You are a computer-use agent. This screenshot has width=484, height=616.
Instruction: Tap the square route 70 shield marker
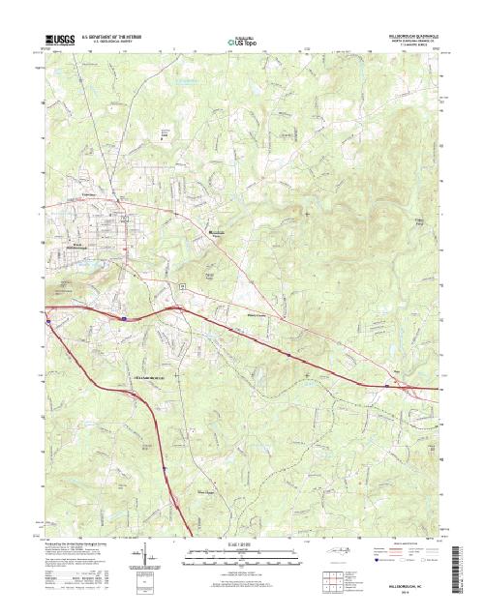(180, 276)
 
